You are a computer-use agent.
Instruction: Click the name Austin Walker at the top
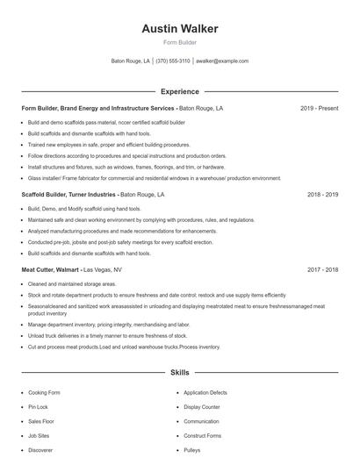(180, 28)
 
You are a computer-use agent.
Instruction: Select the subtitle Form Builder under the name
(180, 42)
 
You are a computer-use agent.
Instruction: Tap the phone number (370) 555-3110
(173, 61)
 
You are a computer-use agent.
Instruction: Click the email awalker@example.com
(222, 61)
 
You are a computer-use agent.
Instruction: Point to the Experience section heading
(180, 91)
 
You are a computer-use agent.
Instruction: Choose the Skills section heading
(180, 373)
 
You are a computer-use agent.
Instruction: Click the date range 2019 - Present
(319, 109)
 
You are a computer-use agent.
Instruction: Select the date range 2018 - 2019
(322, 194)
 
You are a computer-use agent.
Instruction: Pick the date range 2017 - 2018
(322, 270)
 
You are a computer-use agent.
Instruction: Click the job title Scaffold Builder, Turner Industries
(68, 194)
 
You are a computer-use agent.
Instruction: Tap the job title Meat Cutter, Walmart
(50, 270)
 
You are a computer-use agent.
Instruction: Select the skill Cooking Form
(43, 393)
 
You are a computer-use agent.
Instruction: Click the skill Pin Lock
(38, 407)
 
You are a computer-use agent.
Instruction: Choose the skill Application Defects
(205, 393)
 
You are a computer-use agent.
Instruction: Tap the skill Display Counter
(202, 407)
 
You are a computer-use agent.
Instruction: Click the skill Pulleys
(192, 449)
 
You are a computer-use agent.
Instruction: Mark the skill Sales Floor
(40, 421)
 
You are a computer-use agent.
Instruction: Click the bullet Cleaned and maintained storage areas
(72, 284)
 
